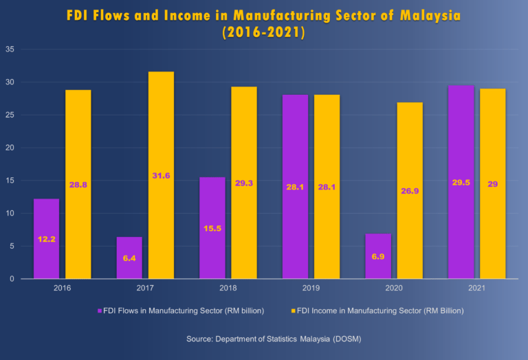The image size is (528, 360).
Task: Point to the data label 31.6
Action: pos(161,176)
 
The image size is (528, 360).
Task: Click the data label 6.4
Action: pos(129,257)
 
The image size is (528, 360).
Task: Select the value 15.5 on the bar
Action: pos(212,227)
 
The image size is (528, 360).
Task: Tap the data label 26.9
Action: pos(410,191)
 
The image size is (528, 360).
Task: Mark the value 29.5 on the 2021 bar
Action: pos(461,182)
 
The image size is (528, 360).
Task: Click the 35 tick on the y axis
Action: pos(10,49)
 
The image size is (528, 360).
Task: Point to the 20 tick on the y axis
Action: pos(10,148)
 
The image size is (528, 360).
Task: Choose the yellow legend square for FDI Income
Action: pos(294,311)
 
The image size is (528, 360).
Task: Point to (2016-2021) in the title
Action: pos(263,32)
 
